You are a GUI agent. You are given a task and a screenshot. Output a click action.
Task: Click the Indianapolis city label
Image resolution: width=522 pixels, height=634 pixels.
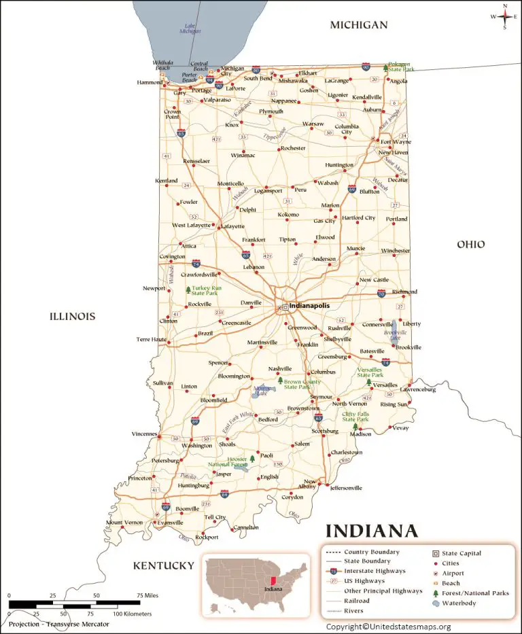(309, 306)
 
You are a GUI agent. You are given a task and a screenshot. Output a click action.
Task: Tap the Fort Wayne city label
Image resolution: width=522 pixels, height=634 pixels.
(396, 142)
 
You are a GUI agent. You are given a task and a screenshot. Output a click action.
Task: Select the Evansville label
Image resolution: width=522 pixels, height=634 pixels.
(169, 523)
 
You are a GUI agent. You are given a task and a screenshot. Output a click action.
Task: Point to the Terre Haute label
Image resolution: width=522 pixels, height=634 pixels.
(151, 339)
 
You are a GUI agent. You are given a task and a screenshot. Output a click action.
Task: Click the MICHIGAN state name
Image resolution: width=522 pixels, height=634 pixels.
(358, 25)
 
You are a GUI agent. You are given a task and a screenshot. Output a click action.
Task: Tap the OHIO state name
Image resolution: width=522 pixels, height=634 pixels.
(470, 244)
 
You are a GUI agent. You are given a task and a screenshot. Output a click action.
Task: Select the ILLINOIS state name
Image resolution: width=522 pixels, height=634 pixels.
(72, 316)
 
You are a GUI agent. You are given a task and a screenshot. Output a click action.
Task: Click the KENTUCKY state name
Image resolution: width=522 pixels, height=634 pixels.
(163, 565)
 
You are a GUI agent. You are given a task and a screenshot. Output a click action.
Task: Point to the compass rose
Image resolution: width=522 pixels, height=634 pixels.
(504, 17)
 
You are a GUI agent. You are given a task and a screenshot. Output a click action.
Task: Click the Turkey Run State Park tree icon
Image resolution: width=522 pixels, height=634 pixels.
(188, 290)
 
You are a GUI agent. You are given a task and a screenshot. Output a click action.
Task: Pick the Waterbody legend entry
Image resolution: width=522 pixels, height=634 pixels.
(459, 603)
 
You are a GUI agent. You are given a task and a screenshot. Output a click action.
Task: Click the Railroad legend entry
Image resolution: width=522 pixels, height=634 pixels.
(357, 601)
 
